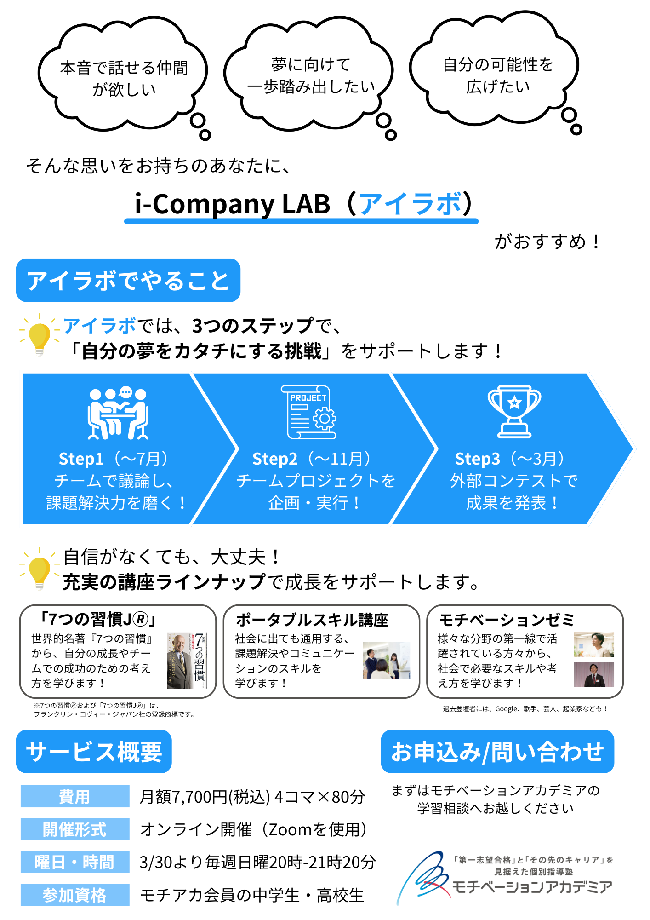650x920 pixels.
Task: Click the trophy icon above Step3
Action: click(514, 411)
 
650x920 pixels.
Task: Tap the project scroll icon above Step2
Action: click(309, 412)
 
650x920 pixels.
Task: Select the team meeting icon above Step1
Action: click(118, 413)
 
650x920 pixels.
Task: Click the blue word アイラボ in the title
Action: click(410, 204)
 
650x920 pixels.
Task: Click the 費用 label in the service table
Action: click(74, 796)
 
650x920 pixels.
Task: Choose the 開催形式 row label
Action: click(74, 829)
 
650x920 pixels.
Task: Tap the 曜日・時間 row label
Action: click(74, 862)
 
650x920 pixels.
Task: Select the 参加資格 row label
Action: click(74, 895)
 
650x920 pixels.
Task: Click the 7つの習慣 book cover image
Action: click(187, 660)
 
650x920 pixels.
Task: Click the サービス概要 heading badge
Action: click(94, 752)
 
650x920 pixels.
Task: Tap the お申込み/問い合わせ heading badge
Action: click(497, 752)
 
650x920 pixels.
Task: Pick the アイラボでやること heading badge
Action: click(128, 281)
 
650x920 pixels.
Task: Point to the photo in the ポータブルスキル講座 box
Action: click(386, 661)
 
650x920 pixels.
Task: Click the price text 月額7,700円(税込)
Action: click(205, 797)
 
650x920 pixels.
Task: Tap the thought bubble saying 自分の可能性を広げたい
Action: click(496, 74)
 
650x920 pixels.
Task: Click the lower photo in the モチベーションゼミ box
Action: click(594, 674)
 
